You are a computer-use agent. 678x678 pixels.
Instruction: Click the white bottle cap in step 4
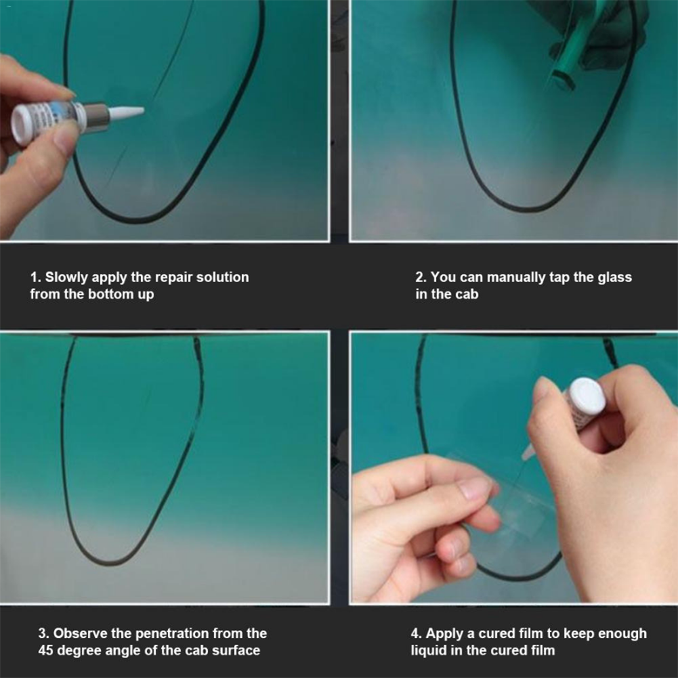click(585, 396)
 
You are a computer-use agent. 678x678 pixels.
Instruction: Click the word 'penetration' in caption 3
click(171, 634)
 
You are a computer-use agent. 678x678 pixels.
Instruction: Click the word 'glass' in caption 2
click(614, 277)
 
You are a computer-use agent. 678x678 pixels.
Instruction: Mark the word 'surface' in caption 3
click(235, 651)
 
